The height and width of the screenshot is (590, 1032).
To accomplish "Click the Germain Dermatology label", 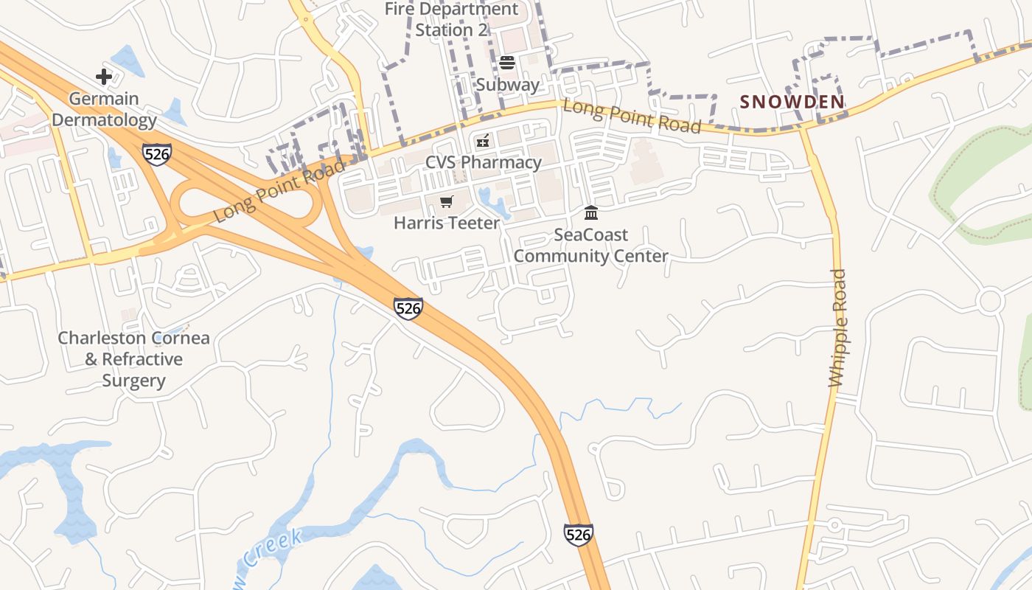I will [x=104, y=109].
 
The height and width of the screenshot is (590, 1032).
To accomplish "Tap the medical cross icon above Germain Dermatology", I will [x=104, y=76].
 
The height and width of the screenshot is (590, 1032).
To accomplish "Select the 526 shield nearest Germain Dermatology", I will [x=156, y=155].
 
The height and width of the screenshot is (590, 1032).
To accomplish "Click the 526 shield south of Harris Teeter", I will [x=408, y=308].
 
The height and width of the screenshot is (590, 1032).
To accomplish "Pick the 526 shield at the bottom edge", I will [x=578, y=535].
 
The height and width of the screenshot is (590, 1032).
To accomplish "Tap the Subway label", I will [x=507, y=84].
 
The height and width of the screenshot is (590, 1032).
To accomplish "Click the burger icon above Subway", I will [x=507, y=62].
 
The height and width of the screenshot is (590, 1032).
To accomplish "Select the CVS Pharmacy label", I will [x=483, y=162].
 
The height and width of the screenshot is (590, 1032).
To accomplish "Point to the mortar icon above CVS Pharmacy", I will [x=483, y=140].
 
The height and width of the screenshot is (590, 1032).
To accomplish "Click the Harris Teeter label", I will [x=447, y=223].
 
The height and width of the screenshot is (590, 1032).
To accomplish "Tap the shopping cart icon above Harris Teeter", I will [x=446, y=201].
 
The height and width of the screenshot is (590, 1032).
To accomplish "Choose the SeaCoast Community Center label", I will [x=590, y=246].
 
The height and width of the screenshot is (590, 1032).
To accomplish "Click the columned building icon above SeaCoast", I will [x=590, y=213].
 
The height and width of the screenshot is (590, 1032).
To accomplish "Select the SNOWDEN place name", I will [x=792, y=102].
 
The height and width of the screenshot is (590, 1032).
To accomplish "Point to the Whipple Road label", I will [x=838, y=328].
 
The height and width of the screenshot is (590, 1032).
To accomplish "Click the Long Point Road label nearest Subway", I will [x=632, y=116].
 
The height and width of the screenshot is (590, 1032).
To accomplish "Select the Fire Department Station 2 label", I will [x=452, y=20].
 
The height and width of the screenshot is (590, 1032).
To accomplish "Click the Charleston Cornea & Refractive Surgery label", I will [x=134, y=359].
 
